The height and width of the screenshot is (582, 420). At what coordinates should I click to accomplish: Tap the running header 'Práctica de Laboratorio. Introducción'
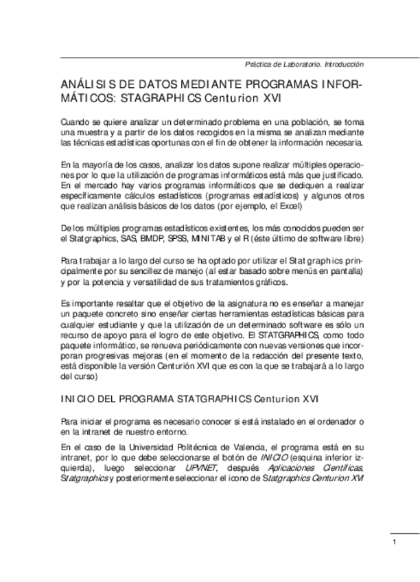pos(303,64)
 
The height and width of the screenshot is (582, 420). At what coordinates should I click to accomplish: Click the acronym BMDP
pos(152,238)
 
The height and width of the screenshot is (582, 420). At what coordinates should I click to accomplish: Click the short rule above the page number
pos(405,534)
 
